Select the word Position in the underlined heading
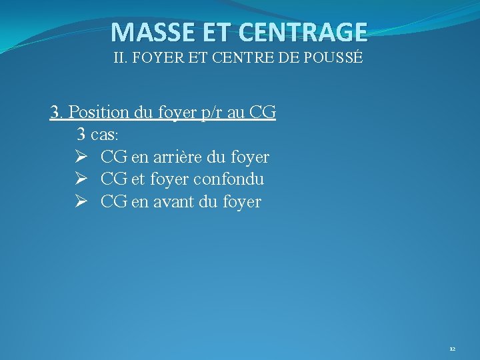(x=99, y=112)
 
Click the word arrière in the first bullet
(x=176, y=157)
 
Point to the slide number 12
(x=452, y=349)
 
